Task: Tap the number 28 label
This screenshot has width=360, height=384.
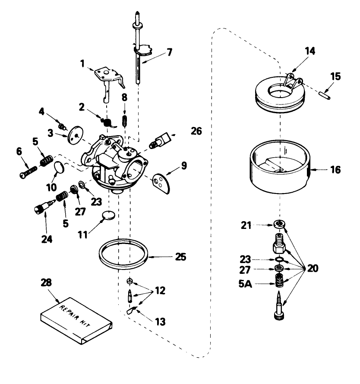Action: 46,283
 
